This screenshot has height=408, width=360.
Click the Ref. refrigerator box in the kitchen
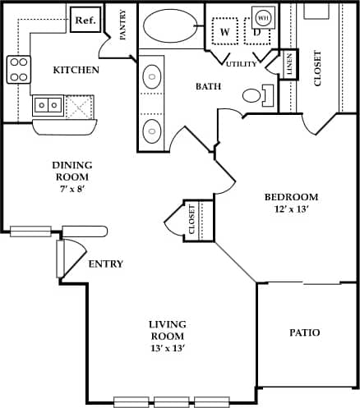(85, 20)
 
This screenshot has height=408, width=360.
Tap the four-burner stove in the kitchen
(18, 68)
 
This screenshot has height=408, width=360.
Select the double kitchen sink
(46, 105)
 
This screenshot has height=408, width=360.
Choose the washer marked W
(223, 32)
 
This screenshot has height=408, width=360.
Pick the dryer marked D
(256, 32)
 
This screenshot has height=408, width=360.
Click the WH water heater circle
(264, 16)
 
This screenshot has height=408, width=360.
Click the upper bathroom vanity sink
(152, 78)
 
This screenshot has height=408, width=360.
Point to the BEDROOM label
(291, 197)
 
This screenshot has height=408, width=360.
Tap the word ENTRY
(106, 264)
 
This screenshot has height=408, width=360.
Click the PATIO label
(304, 332)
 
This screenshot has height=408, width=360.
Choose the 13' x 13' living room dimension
(168, 348)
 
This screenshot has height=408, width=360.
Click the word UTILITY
(242, 62)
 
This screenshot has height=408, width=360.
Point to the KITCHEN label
(76, 70)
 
